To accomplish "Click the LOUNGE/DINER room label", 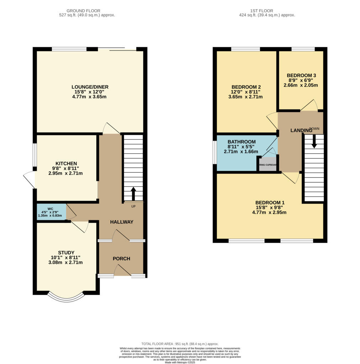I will point(90,87).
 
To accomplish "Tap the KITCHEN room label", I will point(66,164).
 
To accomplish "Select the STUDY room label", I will point(66,252).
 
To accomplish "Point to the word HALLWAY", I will point(121,222).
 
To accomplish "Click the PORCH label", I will point(121,258).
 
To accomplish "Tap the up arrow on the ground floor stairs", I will point(133,194).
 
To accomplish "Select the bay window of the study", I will point(66,298).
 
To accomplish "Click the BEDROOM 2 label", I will point(246,87).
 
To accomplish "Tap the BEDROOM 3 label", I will point(301,75).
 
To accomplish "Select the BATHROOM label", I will point(241,141).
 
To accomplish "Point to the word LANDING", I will point(301,130).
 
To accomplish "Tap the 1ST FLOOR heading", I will point(267,11).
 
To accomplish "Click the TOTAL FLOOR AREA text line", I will point(180,344).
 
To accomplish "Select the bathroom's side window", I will point(215,152).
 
